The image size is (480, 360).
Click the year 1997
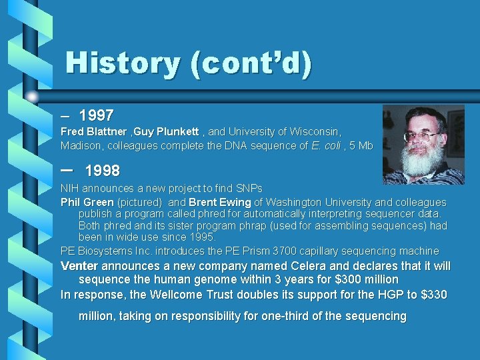(x=96, y=115)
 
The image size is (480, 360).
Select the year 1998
(x=102, y=171)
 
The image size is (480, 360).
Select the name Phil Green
(x=87, y=202)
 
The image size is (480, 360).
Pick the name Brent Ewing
(x=219, y=202)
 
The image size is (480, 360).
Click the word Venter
(x=79, y=266)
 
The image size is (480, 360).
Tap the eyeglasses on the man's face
(x=421, y=136)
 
